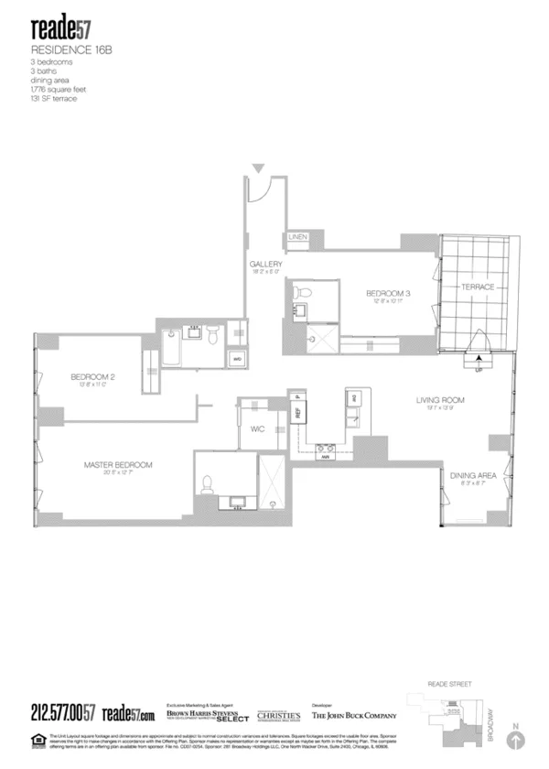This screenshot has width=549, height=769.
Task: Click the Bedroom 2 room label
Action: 91,377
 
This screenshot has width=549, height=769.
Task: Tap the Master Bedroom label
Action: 118,465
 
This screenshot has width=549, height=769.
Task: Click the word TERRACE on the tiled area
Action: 477,287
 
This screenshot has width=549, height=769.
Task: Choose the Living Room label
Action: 441,400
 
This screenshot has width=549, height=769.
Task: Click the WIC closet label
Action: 258,428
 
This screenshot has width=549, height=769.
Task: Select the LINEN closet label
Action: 297,237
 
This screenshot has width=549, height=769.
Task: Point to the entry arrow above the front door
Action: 259,168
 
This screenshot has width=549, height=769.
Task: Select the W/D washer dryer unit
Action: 237,359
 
